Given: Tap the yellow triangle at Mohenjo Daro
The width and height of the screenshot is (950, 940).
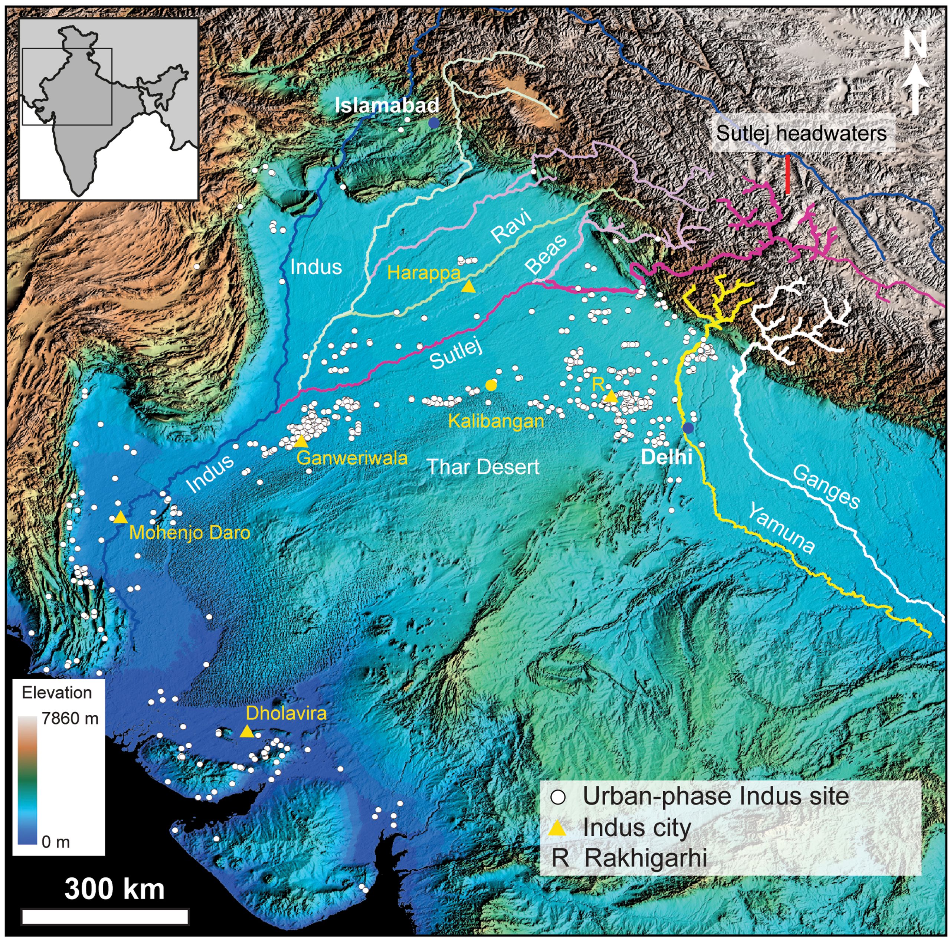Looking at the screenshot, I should [x=121, y=517].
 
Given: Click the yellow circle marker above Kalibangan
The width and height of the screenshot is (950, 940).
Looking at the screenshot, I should [x=490, y=385].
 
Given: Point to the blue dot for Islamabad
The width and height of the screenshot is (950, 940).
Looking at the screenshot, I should [x=433, y=123].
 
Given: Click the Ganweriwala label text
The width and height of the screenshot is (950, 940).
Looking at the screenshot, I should [x=352, y=458].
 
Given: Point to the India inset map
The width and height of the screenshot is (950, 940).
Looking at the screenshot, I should [x=109, y=109].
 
